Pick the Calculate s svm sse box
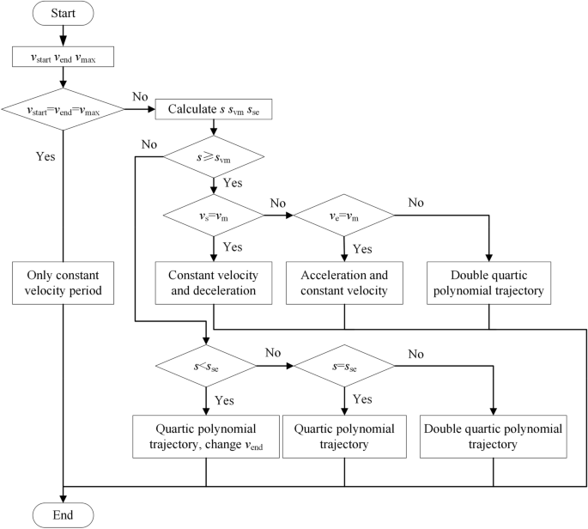(x=212, y=109)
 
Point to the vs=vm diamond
(x=212, y=218)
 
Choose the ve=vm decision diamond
(x=344, y=218)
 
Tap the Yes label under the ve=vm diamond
(x=363, y=249)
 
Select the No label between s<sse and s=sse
(x=273, y=353)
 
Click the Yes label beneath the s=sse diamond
(x=363, y=399)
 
